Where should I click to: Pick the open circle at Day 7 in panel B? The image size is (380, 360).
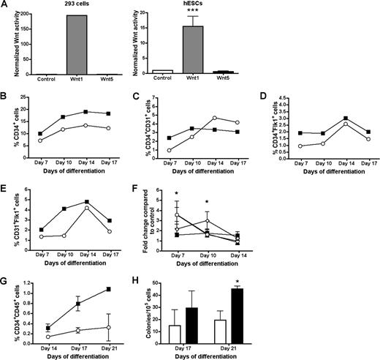(39, 140)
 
